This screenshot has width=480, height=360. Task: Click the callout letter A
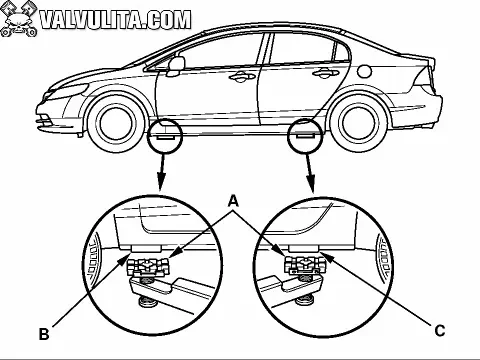[x=234, y=201]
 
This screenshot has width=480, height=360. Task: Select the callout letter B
[x=44, y=334]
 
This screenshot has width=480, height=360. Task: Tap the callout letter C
[x=440, y=331]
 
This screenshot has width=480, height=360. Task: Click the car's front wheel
[x=116, y=122]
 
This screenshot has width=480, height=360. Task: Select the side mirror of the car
[x=176, y=66]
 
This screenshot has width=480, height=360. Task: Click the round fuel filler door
[x=365, y=70]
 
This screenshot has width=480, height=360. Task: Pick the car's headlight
[x=68, y=91]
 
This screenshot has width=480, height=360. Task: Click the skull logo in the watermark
[x=19, y=19]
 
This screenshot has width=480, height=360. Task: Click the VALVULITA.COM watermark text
[x=116, y=20]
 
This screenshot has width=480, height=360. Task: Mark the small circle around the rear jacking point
[x=306, y=135]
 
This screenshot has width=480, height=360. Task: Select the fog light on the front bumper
[x=44, y=117]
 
